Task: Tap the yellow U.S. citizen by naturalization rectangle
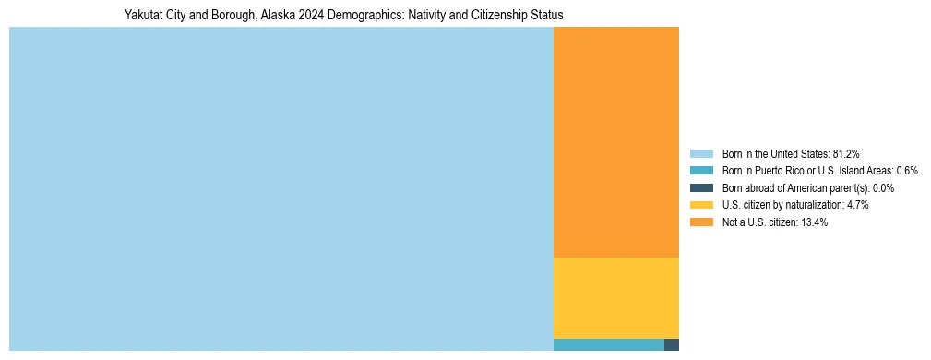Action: coord(615,297)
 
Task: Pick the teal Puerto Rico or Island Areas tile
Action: coord(608,344)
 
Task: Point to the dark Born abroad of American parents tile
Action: coord(672,344)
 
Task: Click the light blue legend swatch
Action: coord(701,153)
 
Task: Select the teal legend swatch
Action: coord(701,171)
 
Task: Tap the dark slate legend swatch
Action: coord(701,187)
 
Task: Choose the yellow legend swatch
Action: coord(701,205)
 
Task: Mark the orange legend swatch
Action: coord(701,222)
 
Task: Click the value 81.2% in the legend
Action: coord(846,153)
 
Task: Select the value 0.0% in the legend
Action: coord(880,188)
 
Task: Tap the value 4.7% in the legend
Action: coord(856,205)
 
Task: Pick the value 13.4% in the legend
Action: coord(814,222)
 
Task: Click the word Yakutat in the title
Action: coord(142,16)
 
